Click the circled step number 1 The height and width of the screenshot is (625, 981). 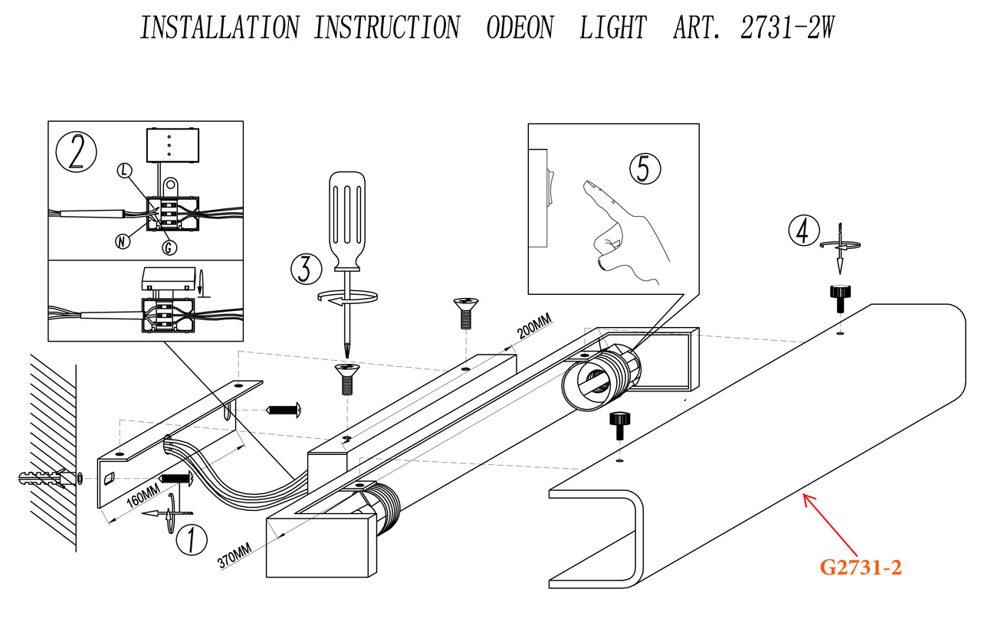(x=192, y=539)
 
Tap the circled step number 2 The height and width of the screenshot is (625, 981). (x=77, y=152)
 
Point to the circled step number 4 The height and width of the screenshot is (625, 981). (x=802, y=230)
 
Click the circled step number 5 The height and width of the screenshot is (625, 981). (x=644, y=168)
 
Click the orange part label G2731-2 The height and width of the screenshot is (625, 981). (x=861, y=568)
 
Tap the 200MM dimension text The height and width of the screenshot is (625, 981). (x=534, y=327)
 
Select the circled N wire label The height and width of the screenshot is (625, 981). (x=121, y=241)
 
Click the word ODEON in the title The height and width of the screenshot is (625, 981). (x=519, y=28)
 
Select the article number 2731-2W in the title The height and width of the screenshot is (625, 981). (x=787, y=28)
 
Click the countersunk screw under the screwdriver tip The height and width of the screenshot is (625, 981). (x=346, y=377)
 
